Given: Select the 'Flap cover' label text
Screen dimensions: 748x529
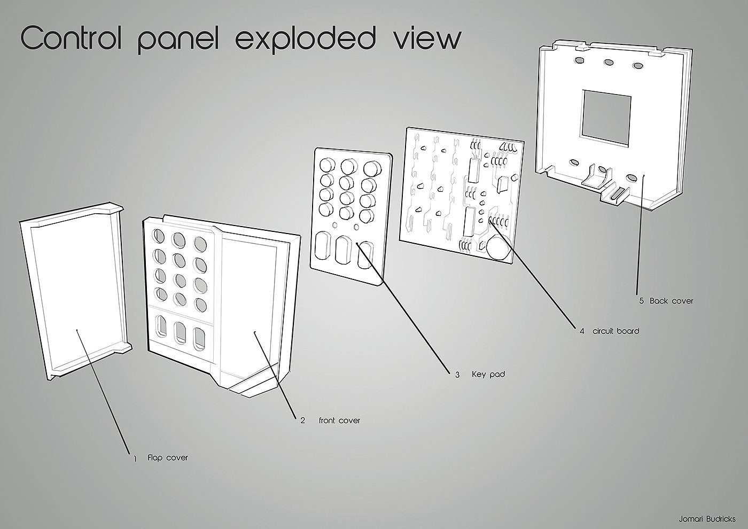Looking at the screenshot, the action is tap(168, 458).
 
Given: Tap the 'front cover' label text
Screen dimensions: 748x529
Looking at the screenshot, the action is tap(339, 421).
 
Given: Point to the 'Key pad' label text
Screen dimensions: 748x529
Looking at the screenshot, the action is tap(488, 375).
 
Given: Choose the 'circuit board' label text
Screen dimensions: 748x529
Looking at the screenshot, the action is tap(615, 331).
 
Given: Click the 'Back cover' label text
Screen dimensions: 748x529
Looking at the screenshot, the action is tap(672, 301).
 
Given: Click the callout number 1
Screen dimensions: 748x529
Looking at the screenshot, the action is tap(135, 458).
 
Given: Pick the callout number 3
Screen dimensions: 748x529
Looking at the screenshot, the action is tap(457, 375).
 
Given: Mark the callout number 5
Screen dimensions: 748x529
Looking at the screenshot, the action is tap(642, 301).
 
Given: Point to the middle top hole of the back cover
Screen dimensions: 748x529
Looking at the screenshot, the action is tap(608, 62).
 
